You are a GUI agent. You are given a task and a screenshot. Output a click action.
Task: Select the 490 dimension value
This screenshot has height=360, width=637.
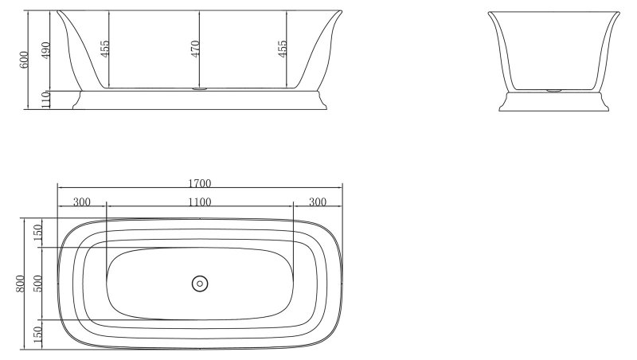tap(45, 50)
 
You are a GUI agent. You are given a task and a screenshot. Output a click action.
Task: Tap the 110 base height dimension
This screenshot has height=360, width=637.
tap(45, 100)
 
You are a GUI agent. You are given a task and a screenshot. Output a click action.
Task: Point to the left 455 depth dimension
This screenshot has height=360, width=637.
tap(104, 50)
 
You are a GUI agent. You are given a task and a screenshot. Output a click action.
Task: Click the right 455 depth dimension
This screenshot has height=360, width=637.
tap(283, 50)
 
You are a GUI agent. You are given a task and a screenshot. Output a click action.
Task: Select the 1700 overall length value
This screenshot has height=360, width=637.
tap(199, 183)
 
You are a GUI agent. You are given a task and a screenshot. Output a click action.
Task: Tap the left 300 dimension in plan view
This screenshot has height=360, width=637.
tap(81, 202)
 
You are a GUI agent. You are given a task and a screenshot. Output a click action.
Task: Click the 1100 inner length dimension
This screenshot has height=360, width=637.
tap(199, 202)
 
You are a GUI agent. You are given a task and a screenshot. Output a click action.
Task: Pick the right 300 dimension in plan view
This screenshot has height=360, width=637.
tap(318, 202)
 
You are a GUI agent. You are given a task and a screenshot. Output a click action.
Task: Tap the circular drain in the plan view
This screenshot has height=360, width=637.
tap(199, 283)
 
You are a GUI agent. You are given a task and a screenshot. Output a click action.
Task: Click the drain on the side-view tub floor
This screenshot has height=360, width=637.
tap(199, 89)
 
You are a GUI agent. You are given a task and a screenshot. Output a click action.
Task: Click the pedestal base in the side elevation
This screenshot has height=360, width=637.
tap(199, 100)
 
